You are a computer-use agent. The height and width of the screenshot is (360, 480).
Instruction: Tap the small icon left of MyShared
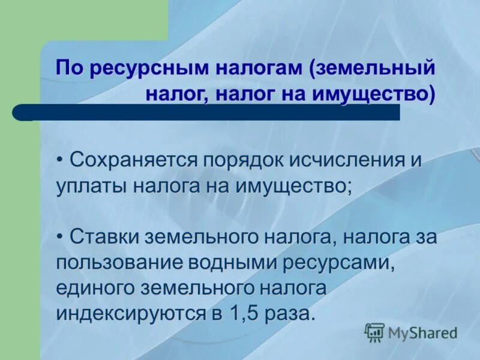point(374,332)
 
